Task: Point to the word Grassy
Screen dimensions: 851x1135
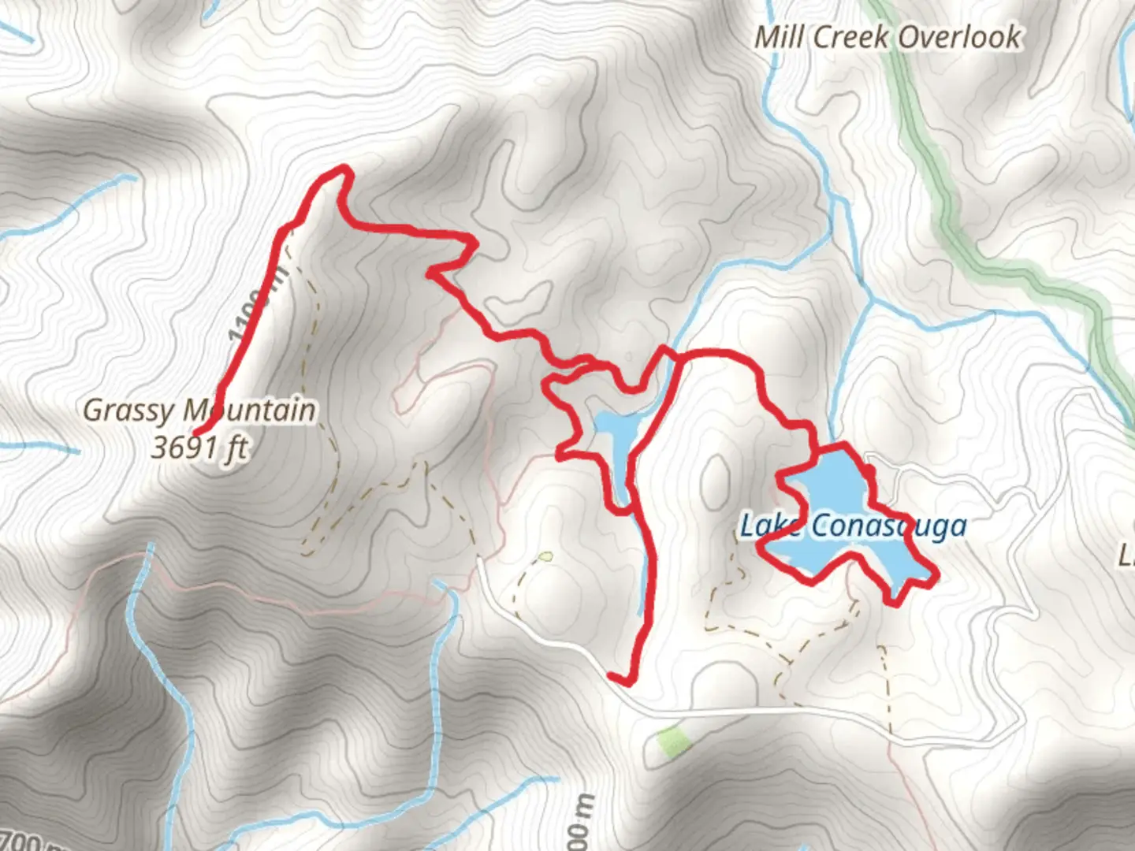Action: pyautogui.click(x=128, y=411)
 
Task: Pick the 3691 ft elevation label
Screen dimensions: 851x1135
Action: pyautogui.click(x=199, y=448)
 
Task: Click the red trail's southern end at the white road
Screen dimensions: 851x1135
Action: pyautogui.click(x=613, y=675)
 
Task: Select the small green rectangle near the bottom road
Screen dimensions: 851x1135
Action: pyautogui.click(x=672, y=741)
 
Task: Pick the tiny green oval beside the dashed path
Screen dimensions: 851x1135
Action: pyautogui.click(x=545, y=556)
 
